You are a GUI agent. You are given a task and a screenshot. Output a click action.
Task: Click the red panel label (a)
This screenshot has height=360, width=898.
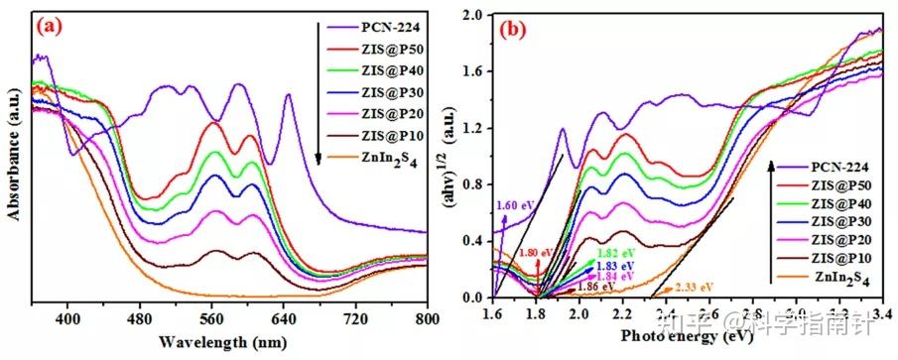click(x=52, y=27)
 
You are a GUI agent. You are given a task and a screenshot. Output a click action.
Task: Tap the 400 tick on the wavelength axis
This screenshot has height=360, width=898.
click(x=67, y=319)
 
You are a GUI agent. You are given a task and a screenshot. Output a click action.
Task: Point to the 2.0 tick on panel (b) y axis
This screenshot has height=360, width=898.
click(x=474, y=17)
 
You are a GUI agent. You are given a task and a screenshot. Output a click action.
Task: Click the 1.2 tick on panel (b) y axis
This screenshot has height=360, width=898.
click(x=474, y=130)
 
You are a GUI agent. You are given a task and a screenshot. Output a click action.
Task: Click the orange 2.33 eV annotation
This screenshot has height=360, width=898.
click(x=694, y=288)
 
